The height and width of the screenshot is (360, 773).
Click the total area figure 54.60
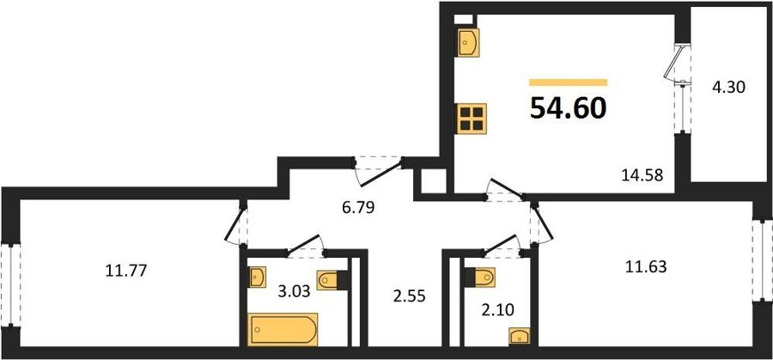tap(568, 108)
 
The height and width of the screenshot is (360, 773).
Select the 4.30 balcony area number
tap(727, 88)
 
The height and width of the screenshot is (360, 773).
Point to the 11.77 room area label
tap(125, 271)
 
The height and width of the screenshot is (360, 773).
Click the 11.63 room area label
tap(646, 267)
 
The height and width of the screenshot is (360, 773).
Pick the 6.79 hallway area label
tap(358, 208)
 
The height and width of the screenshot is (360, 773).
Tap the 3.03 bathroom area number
tap(294, 291)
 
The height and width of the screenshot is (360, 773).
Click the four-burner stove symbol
tap(472, 119)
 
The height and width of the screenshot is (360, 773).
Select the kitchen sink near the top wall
tap(468, 42)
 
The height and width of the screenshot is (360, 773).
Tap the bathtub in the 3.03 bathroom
tap(283, 329)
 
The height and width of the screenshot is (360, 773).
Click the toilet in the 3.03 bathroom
tap(330, 281)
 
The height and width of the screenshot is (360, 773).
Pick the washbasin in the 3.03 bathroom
tap(257, 277)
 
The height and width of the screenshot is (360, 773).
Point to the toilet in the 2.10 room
tap(481, 278)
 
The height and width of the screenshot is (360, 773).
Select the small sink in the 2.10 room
tap(519, 335)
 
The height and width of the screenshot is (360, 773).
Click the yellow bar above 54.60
tap(568, 82)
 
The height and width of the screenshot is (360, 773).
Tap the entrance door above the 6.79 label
tap(380, 171)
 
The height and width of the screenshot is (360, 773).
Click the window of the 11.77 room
tap(10, 284)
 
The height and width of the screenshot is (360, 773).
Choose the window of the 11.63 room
tap(762, 259)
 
